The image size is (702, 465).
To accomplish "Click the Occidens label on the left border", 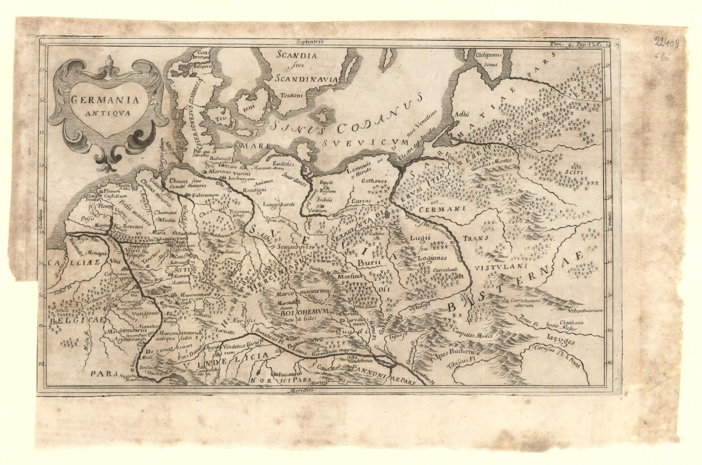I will pos(40,218).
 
